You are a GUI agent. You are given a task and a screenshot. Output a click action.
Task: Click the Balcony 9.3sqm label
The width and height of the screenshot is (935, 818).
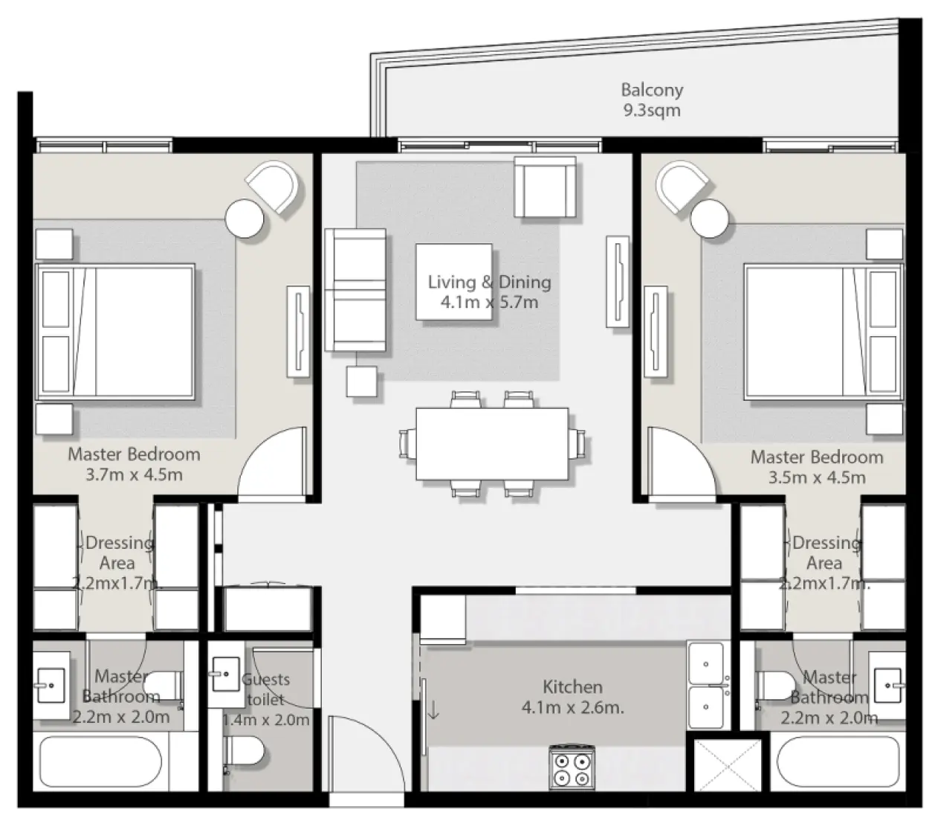(652, 100)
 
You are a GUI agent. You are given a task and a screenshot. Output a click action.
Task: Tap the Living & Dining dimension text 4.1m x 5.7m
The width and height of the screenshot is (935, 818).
(489, 303)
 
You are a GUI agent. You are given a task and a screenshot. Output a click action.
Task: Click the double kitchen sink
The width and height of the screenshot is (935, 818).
(706, 685)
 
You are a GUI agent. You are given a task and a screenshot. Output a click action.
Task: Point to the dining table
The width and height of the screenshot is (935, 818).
(492, 444)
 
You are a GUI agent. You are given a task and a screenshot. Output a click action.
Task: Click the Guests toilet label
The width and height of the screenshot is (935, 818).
(265, 689)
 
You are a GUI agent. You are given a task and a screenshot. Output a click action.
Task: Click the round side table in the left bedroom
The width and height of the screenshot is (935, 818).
(245, 219)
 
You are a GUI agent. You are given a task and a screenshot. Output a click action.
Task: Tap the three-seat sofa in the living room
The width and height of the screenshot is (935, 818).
(355, 290)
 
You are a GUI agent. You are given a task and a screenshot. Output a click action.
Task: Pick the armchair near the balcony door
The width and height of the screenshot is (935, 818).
(546, 189)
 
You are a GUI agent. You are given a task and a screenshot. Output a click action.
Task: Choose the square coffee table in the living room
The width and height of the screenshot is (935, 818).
(453, 282)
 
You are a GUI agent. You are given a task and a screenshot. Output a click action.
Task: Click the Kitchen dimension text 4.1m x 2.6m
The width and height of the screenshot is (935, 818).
(572, 707)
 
